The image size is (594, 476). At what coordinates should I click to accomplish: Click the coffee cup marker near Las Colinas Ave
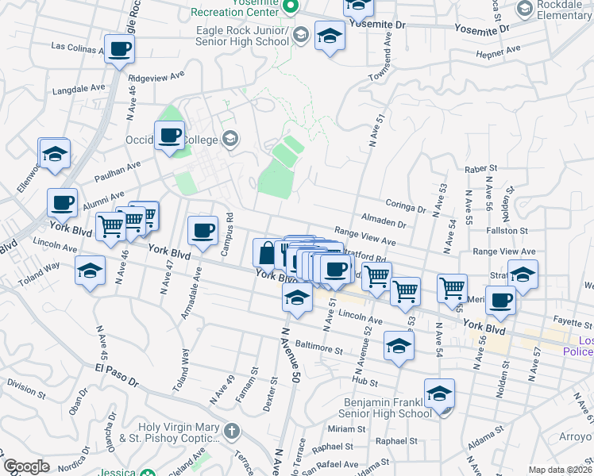119,49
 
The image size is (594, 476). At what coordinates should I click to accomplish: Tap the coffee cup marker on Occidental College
169,136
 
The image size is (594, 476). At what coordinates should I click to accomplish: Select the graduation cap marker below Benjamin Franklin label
439,393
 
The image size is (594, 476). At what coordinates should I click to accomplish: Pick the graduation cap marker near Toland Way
91,271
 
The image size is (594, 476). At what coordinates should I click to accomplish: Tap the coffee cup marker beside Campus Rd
202,230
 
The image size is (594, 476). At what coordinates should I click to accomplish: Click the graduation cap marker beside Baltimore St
399,345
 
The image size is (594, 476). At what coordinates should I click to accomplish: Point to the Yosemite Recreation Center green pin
291,8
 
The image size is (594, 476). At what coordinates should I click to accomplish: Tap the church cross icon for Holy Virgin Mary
231,432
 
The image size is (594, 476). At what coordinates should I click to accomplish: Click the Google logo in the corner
26,466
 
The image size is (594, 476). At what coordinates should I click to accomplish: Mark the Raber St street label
480,169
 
